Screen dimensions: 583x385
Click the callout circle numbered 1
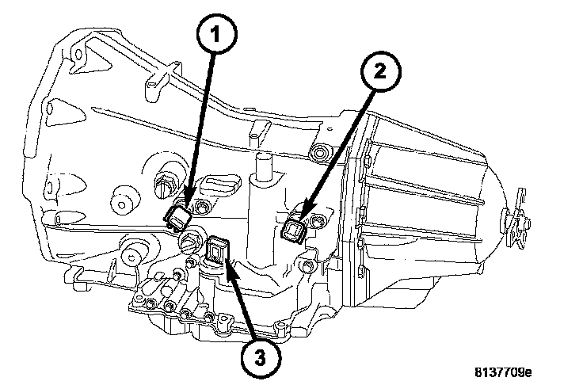[x=216, y=35]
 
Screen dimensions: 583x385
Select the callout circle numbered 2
[x=381, y=71]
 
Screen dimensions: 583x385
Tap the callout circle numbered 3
[x=261, y=358]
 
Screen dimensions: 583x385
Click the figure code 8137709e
[x=503, y=372]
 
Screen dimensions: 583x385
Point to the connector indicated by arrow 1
[x=177, y=218]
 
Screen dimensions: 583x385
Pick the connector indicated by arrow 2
[x=294, y=232]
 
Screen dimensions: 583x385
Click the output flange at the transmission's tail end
[x=517, y=219]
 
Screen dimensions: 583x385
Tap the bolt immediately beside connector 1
[x=202, y=208]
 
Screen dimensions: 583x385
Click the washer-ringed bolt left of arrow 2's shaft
[x=319, y=152]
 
